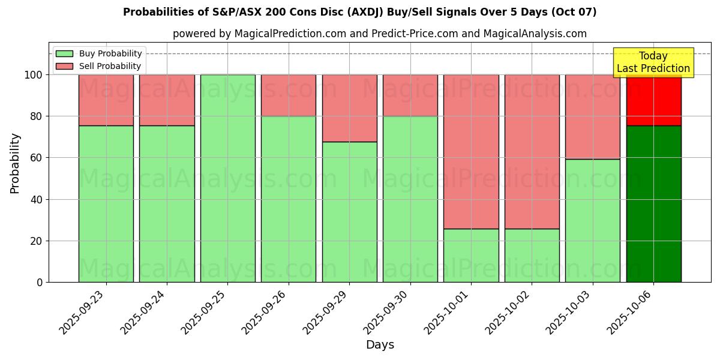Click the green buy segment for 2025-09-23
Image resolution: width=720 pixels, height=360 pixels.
pyautogui.click(x=106, y=204)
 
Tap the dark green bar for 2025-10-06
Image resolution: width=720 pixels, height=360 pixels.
pyautogui.click(x=653, y=204)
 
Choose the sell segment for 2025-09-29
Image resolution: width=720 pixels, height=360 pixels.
pyautogui.click(x=349, y=108)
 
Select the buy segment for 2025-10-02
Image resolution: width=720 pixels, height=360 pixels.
pyautogui.click(x=532, y=255)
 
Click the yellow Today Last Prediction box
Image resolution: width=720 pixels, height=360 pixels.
pyautogui.click(x=653, y=62)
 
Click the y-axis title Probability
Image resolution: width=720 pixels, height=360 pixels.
pyautogui.click(x=15, y=163)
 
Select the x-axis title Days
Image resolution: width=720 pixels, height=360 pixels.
pyautogui.click(x=380, y=345)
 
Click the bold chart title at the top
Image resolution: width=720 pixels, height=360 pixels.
pyautogui.click(x=359, y=12)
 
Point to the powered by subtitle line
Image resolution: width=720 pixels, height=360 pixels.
pyautogui.click(x=379, y=34)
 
